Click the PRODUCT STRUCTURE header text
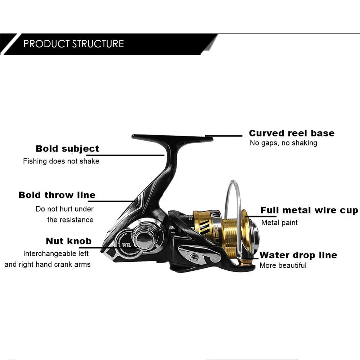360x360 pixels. tap(73, 44)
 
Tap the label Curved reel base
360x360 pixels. tap(292, 133)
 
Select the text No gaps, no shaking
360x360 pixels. tap(283, 143)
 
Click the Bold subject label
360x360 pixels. tap(67, 149)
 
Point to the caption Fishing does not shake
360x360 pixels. tap(61, 161)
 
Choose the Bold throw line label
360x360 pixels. tap(57, 195)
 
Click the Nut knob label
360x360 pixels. tap(68, 241)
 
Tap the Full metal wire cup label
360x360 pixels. tap(309, 210)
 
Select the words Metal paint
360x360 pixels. tap(279, 223)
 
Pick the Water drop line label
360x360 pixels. tap(298, 255)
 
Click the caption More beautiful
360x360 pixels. tap(283, 266)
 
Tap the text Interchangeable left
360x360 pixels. tap(56, 254)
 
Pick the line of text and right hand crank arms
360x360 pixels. tap(48, 265)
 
